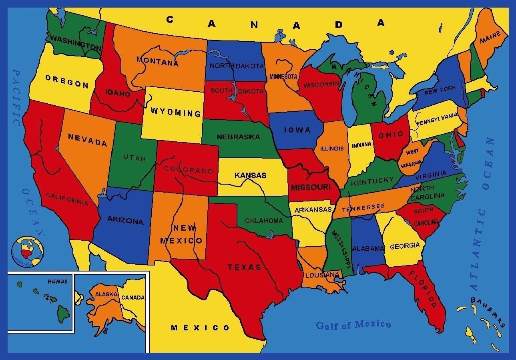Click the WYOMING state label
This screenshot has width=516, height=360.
click(176, 112)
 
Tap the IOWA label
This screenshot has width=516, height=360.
click(297, 130)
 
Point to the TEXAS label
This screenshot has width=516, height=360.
click(244, 267)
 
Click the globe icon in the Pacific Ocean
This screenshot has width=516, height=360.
click(28, 251)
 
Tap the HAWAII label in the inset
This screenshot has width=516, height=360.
click(58, 282)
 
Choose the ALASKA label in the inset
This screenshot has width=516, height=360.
click(106, 294)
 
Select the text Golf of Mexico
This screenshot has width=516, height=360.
click(353, 324)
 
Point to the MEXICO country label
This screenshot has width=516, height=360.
click(200, 328)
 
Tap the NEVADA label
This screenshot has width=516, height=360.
click(87, 140)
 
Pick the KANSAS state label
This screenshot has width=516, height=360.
click(250, 175)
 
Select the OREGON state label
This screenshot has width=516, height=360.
click(67, 81)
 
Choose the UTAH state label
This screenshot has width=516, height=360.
click(135, 158)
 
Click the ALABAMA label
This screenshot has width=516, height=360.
click(368, 249)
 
